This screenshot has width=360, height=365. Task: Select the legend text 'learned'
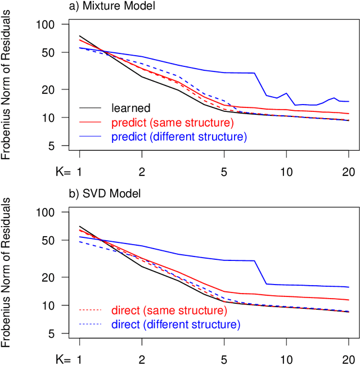[x=130, y=107]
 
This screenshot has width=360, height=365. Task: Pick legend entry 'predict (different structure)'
[x=179, y=136]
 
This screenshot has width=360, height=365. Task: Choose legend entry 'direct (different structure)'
[x=175, y=325]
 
